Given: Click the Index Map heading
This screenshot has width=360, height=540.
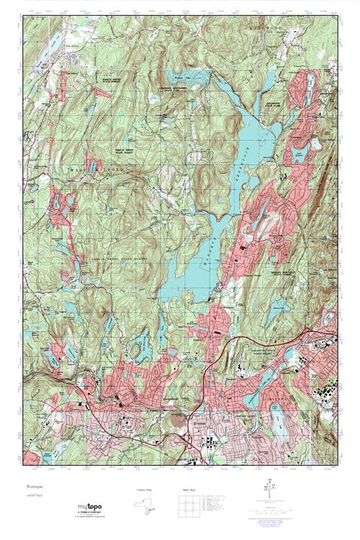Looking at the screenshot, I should point(185,490).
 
